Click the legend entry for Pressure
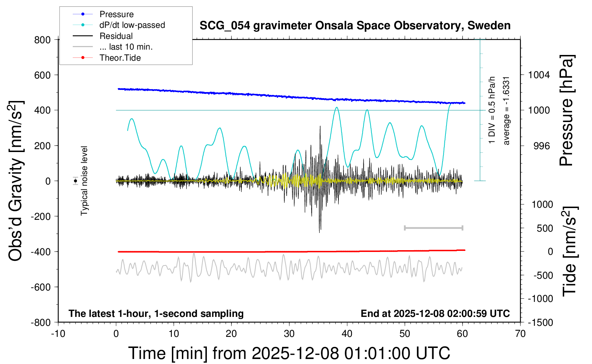[116, 14]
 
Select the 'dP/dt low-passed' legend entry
[132, 25]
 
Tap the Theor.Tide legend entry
[120, 58]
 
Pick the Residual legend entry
[116, 36]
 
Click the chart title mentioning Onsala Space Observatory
[355, 26]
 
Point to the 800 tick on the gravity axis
[42, 40]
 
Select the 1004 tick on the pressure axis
[539, 75]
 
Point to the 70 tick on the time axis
[520, 334]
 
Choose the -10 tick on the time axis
[58, 334]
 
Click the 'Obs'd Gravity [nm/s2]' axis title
[16, 181]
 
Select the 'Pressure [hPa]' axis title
[566, 111]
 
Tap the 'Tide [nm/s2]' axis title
[570, 251]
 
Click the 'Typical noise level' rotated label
[84, 181]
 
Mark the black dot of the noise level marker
[75, 181]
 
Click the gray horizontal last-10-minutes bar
[433, 228]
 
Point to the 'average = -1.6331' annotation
[506, 111]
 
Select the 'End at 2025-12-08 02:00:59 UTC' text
[435, 314]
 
